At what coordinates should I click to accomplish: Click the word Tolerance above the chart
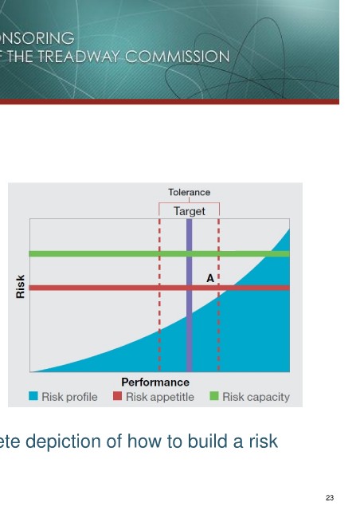[189, 192]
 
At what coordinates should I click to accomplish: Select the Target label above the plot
[190, 211]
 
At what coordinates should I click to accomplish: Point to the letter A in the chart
[210, 278]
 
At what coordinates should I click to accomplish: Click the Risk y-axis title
[20, 287]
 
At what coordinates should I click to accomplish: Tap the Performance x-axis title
[155, 382]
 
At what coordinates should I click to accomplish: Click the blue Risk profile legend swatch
[33, 396]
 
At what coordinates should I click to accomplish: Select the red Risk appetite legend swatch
[117, 396]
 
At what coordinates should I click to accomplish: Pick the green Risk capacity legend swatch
[214, 396]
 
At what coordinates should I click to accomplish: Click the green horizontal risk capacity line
[159, 253]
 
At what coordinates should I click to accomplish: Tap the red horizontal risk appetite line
[159, 288]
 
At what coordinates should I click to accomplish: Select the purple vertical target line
[190, 295]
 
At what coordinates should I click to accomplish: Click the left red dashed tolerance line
[159, 295]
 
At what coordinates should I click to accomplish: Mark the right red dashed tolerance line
[218, 295]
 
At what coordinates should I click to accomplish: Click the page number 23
[330, 497]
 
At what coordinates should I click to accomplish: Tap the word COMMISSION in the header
[178, 57]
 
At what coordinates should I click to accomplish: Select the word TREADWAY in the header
[78, 57]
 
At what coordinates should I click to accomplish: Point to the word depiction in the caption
[63, 442]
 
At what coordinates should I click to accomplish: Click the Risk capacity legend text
[256, 397]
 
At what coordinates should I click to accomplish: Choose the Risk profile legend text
[69, 397]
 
